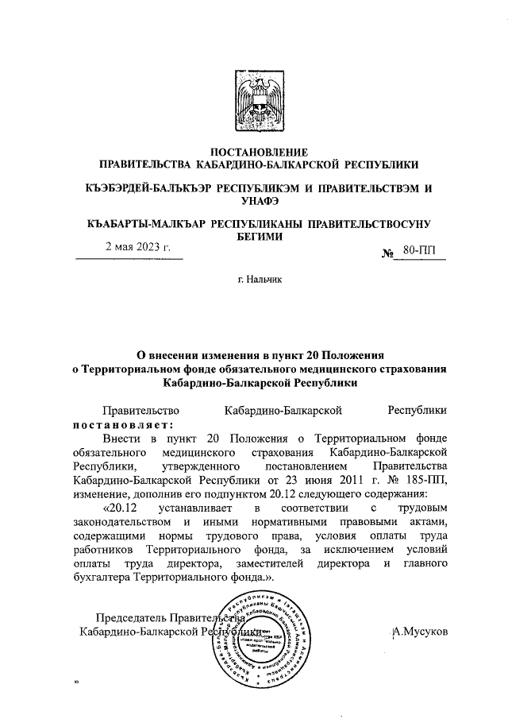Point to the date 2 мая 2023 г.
139,247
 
